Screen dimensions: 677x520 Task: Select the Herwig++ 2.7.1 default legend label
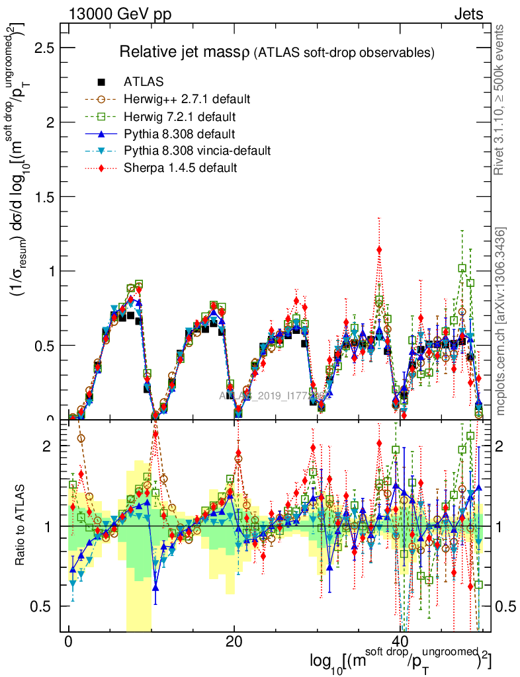click(187, 99)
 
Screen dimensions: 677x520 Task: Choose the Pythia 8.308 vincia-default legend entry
click(197, 151)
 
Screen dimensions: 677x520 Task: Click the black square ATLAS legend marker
click(101, 82)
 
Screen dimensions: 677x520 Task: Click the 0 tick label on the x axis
click(69, 642)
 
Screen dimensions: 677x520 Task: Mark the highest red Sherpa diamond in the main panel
click(379, 249)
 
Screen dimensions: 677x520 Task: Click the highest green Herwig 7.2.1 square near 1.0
click(462, 268)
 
